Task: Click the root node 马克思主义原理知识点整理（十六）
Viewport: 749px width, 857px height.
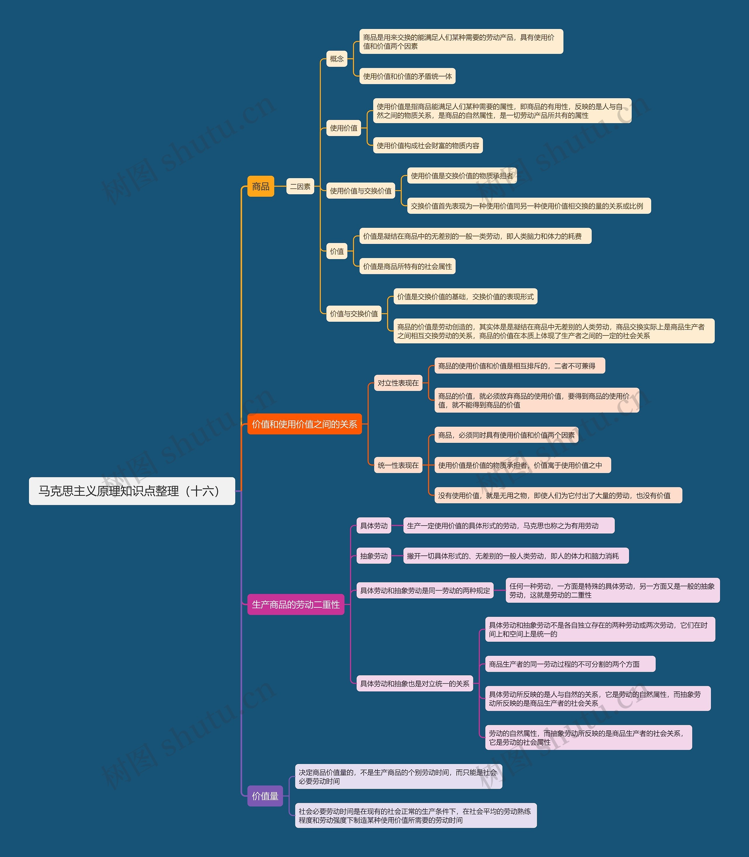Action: (x=132, y=491)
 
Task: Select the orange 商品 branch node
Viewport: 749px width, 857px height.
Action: (x=260, y=186)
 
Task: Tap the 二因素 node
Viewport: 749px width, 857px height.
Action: (x=300, y=186)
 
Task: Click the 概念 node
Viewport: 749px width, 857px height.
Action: (x=336, y=59)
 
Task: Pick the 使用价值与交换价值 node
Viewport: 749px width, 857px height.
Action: (x=360, y=191)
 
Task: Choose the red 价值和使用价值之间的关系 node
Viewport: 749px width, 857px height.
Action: (x=304, y=424)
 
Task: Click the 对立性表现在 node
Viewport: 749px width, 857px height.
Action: (x=398, y=383)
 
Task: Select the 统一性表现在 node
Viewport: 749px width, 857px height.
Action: (x=398, y=465)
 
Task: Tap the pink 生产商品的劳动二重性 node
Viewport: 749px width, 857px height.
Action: (x=296, y=605)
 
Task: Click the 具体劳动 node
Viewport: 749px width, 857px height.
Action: (x=374, y=526)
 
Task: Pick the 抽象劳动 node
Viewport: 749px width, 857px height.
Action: (x=374, y=556)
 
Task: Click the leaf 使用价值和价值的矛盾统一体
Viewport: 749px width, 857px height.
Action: (x=407, y=76)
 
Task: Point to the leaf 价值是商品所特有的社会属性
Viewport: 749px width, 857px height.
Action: (x=407, y=266)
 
